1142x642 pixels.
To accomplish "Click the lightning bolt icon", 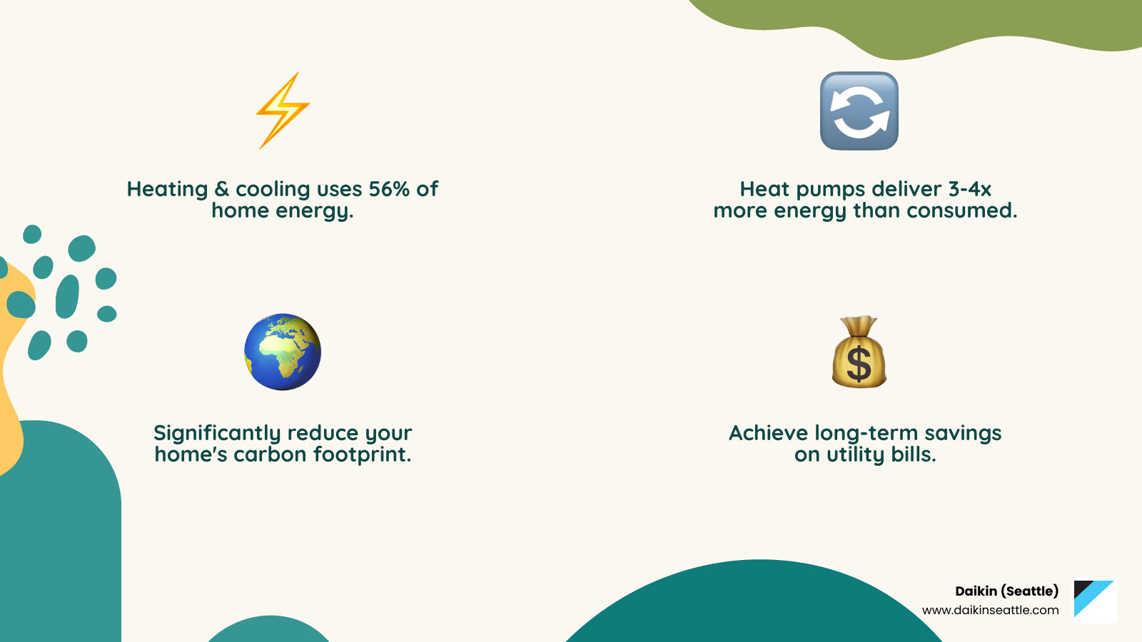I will tap(283, 111).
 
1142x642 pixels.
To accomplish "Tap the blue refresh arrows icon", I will tap(859, 111).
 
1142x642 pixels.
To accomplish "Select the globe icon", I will tap(283, 352).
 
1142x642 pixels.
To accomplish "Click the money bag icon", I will tap(859, 352).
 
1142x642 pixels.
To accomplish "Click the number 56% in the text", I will tap(389, 189).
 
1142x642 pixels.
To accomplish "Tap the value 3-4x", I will tap(969, 189).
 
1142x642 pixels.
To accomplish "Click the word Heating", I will tap(167, 189).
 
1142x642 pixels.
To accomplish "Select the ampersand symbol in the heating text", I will tap(221, 189).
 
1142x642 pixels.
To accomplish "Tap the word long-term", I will tap(866, 433).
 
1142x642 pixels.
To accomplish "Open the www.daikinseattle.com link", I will tap(990, 610).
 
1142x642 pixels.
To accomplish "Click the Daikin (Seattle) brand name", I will tap(1006, 591).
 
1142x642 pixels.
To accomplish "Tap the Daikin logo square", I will tap(1095, 600).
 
